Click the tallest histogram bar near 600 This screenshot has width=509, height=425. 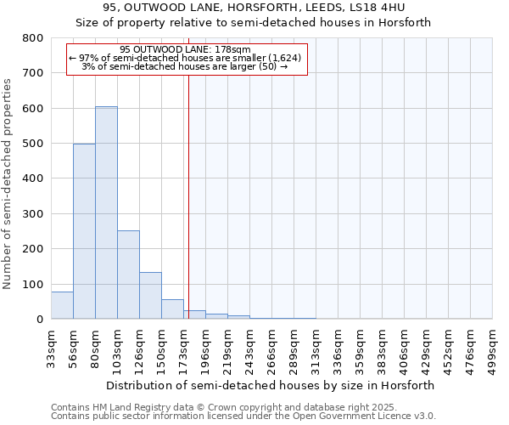click(x=106, y=212)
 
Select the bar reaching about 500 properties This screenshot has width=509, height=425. click(x=84, y=231)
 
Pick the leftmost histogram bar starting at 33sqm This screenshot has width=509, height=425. click(x=62, y=305)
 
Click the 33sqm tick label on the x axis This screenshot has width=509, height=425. click(x=51, y=345)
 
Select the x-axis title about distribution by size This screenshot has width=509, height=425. click(x=271, y=385)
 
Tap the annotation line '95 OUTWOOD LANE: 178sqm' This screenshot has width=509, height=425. click(x=185, y=49)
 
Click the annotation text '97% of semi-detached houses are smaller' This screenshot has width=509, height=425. click(x=185, y=58)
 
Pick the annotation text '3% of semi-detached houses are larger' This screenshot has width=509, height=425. click(x=185, y=66)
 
